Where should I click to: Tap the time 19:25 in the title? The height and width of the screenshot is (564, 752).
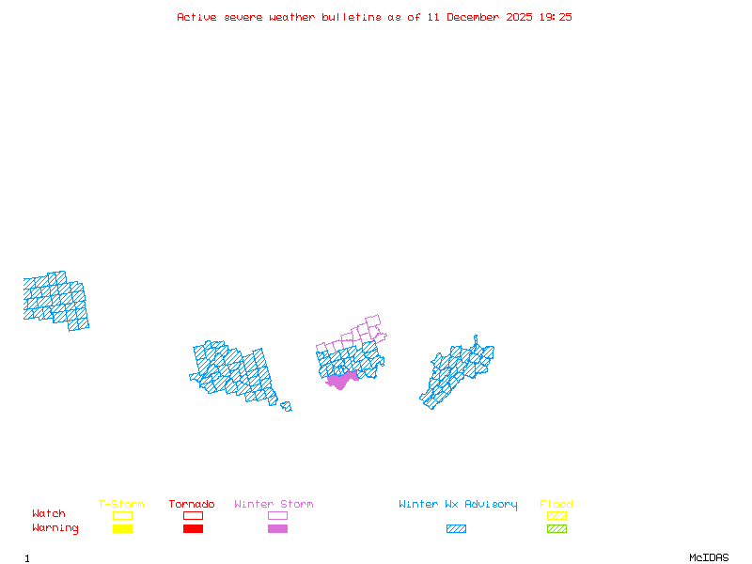point(556,17)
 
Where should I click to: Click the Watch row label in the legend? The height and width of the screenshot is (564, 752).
point(49,513)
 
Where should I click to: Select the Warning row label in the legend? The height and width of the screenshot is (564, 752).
point(55,528)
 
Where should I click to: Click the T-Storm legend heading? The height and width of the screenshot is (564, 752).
point(121,504)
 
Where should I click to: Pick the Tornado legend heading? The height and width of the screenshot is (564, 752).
point(192,504)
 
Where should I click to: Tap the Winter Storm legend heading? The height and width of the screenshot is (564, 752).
point(274,504)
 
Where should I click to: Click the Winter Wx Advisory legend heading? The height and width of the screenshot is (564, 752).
point(458,504)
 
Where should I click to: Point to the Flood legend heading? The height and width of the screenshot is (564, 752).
point(556,504)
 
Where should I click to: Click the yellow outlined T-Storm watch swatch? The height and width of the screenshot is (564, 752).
point(122,515)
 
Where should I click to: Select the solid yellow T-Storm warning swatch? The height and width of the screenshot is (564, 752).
point(122,528)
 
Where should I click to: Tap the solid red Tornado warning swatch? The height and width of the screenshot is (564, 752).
point(193,528)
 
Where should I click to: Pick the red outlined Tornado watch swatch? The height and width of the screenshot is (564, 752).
point(193,515)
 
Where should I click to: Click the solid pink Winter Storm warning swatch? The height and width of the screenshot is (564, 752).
point(277,528)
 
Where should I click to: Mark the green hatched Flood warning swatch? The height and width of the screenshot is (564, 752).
point(556,528)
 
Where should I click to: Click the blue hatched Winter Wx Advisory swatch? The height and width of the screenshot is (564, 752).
point(456,528)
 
